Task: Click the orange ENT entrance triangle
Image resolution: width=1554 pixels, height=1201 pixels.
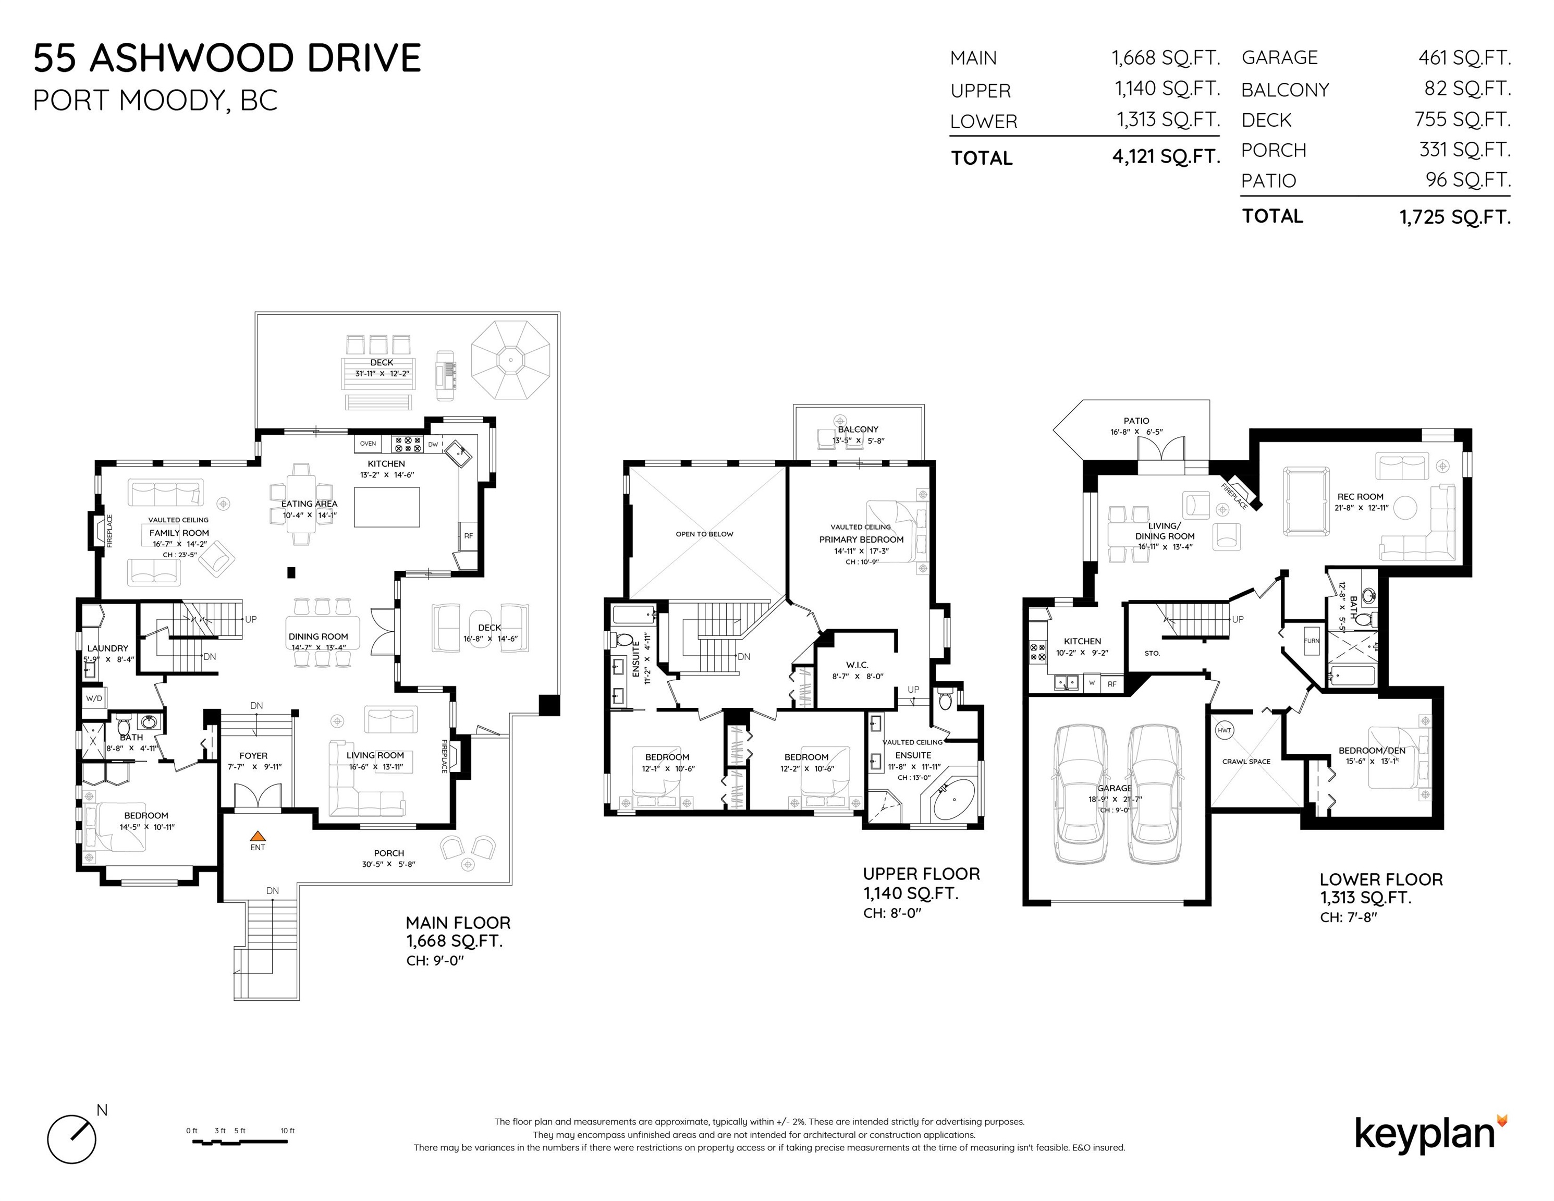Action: [x=258, y=836]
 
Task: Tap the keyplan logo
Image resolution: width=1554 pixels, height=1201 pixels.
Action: [x=1431, y=1135]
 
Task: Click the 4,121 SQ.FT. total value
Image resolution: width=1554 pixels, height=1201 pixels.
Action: [x=1166, y=156]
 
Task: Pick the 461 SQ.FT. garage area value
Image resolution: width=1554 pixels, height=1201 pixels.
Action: [x=1464, y=58]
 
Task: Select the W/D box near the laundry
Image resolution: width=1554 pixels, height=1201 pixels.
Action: [x=94, y=698]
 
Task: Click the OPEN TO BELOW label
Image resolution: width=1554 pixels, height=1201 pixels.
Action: [x=704, y=534]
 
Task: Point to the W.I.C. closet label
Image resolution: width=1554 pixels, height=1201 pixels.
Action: [x=858, y=665]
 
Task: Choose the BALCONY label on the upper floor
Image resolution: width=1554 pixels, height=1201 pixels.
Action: [x=858, y=429]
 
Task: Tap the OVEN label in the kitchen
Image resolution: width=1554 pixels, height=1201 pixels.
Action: [x=368, y=443]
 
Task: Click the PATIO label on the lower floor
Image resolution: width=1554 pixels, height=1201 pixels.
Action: [x=1136, y=421]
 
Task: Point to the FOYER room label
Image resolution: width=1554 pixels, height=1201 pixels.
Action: [x=253, y=756]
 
